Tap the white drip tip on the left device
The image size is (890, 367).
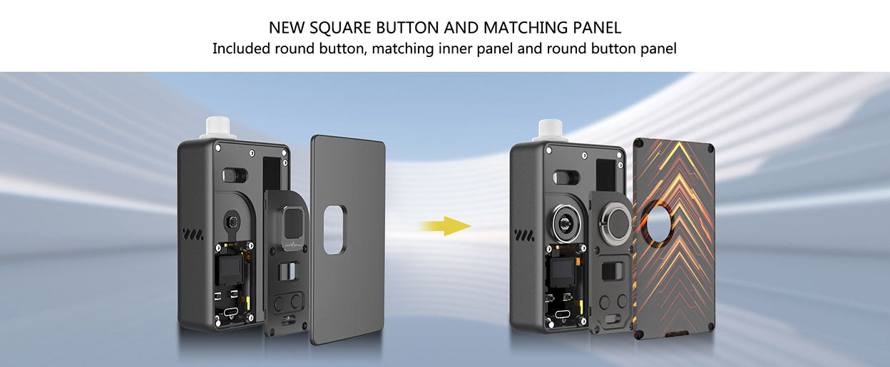point(217,128)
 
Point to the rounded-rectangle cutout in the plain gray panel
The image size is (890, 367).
point(334,229)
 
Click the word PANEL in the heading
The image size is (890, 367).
point(597,29)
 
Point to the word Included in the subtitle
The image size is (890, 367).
point(240,49)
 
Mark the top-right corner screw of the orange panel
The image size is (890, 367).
point(710,148)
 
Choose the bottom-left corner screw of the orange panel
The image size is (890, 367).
point(640,335)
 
